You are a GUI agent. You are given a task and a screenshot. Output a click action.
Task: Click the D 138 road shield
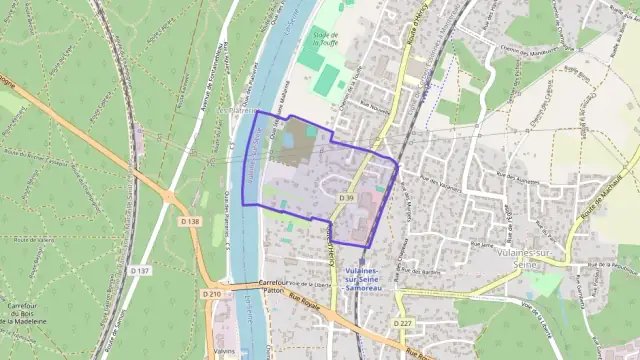(x=193, y=221)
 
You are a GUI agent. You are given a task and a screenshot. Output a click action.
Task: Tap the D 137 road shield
(x=140, y=270)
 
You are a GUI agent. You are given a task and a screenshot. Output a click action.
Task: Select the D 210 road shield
(x=211, y=294)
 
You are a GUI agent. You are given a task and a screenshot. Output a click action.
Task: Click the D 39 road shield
(x=346, y=198)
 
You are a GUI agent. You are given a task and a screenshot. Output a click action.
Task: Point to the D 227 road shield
(x=403, y=323)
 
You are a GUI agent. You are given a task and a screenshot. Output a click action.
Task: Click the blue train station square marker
(x=362, y=262)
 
